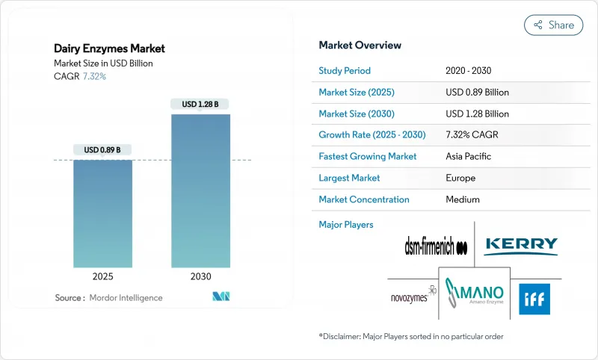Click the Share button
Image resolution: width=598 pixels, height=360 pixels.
point(554,25)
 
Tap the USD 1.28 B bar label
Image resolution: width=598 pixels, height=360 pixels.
point(200,105)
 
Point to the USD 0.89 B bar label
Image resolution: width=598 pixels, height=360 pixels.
point(102,149)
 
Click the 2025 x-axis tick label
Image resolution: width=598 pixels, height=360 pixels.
point(102,276)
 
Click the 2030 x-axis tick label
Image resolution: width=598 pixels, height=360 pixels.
point(200,276)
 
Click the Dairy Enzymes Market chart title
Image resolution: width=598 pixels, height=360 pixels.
point(110,49)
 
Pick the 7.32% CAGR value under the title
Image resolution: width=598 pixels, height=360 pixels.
point(94,77)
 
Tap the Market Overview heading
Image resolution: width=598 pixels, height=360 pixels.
point(360,46)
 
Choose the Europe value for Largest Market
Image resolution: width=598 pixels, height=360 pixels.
point(460,178)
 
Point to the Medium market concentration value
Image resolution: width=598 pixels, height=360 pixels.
point(462,199)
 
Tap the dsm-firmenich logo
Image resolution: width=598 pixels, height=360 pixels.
point(435,246)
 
